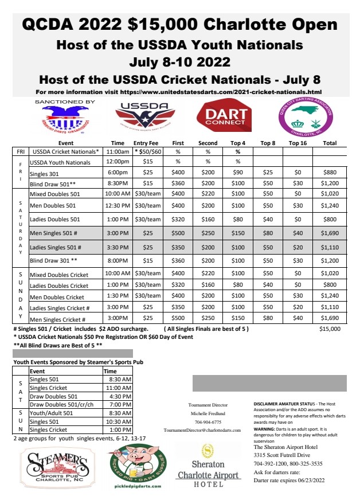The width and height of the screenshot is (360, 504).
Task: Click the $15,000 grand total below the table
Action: (329, 329)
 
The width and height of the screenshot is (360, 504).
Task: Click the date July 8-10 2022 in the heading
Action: (180, 61)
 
